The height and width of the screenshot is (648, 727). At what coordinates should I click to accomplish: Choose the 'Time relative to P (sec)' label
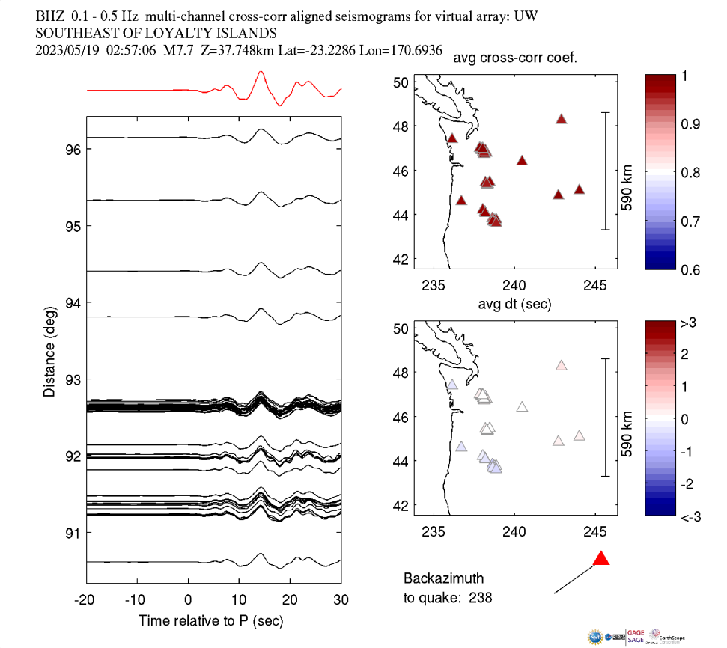(x=211, y=622)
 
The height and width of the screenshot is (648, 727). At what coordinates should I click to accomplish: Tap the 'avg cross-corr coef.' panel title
(x=513, y=59)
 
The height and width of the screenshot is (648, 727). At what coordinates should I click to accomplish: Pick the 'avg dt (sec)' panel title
(x=514, y=304)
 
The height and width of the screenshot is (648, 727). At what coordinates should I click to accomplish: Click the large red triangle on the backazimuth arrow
(x=600, y=559)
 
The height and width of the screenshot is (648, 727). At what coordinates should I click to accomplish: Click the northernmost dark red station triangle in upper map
(x=562, y=119)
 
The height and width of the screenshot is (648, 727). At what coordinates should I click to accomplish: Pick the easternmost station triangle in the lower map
(x=579, y=435)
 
